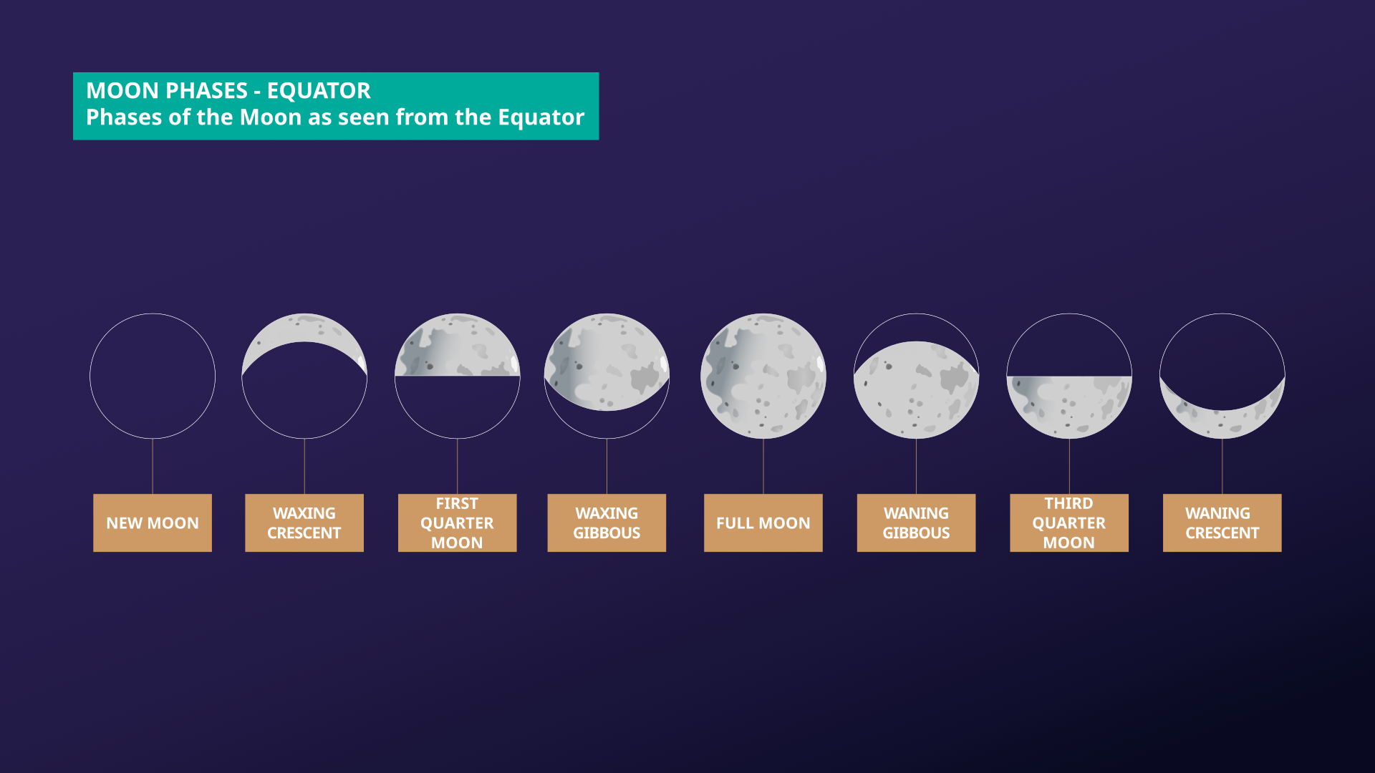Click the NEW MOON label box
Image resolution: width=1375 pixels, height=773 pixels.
coord(153,522)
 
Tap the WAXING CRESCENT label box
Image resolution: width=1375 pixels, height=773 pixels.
coord(304,522)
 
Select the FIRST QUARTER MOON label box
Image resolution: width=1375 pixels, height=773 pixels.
coord(457,522)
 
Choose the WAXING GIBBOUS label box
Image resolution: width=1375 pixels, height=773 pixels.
coord(607,522)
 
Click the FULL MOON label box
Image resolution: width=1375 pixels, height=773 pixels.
coord(763,522)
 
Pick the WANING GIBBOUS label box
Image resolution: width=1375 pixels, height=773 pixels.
coord(916,522)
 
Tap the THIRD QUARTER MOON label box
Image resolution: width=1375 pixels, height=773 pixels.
coord(1069,522)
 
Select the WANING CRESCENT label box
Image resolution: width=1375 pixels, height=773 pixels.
coord(1222,522)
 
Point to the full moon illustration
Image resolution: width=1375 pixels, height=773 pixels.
coord(763,376)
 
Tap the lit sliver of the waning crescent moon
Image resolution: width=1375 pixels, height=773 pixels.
coord(1222,424)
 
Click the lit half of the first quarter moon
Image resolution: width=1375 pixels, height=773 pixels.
coord(457,345)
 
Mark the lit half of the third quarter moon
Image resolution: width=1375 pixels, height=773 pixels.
coord(1069,407)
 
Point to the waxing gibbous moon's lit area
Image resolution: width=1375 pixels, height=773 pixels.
coord(607,361)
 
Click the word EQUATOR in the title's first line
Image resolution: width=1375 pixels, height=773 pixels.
coord(319,91)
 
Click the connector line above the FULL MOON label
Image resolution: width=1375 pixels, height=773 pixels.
coord(763,466)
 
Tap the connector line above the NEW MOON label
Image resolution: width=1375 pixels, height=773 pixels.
coord(153,466)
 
